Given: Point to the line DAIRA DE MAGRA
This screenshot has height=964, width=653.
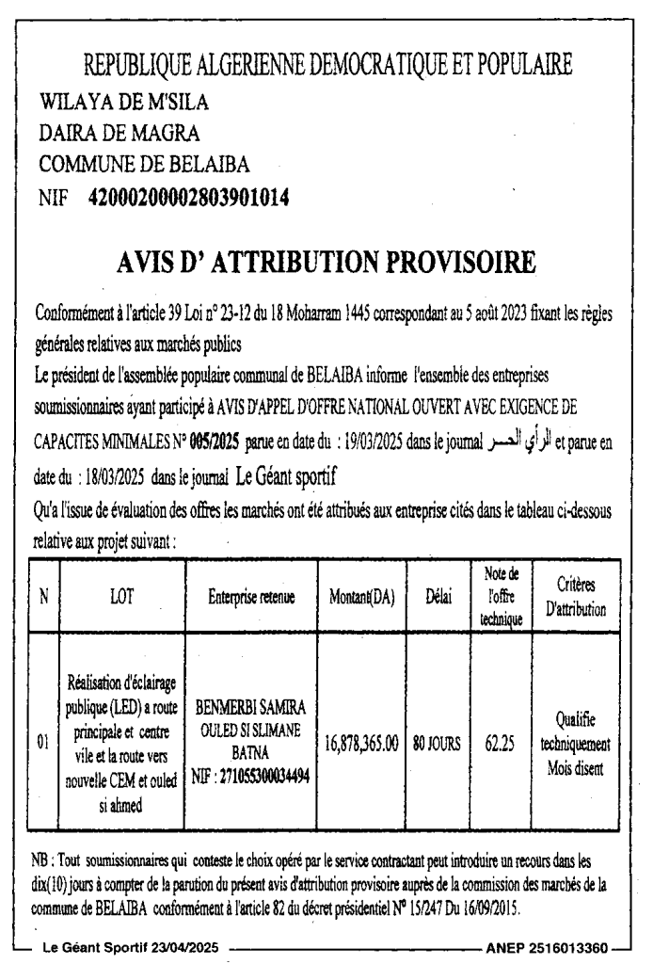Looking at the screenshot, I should (119, 133).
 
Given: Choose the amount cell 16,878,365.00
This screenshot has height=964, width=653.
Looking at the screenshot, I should (361, 743).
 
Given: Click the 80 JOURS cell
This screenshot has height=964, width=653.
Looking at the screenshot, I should (435, 743).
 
